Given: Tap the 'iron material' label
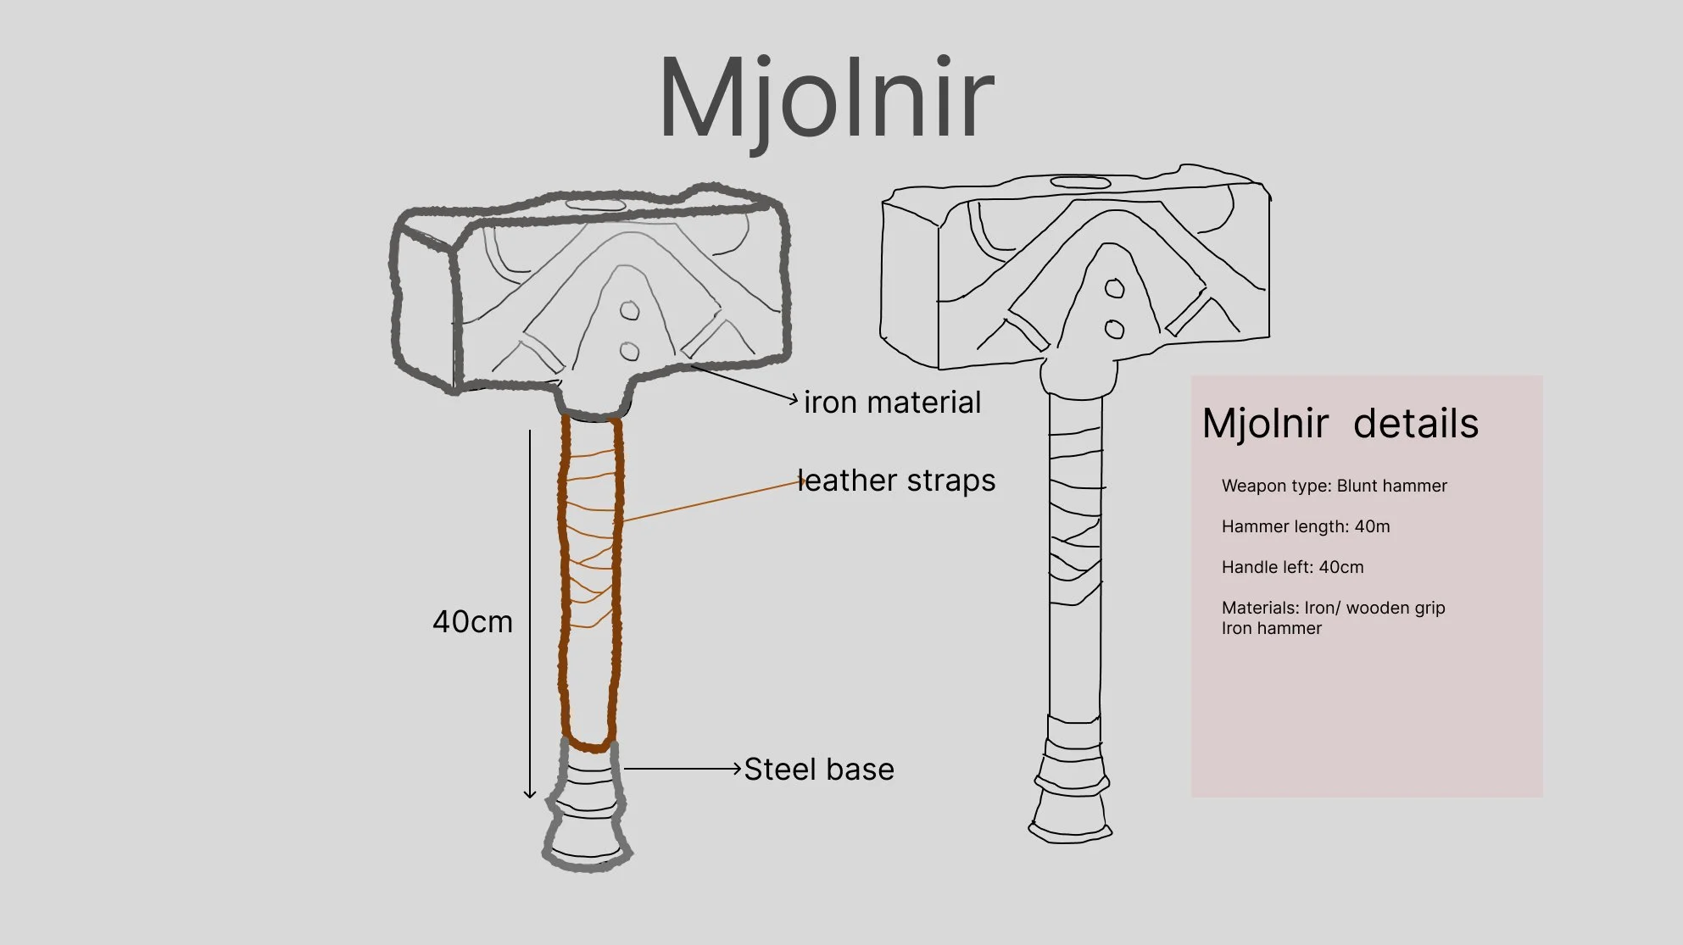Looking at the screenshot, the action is pyautogui.click(x=892, y=403).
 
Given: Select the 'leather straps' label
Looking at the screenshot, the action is pyautogui.click(x=896, y=481).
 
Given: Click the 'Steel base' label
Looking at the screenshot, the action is pyautogui.click(x=819, y=770).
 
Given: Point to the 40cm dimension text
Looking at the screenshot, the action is pyautogui.click(x=472, y=622).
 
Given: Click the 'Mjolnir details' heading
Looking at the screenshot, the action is pyautogui.click(x=1340, y=424).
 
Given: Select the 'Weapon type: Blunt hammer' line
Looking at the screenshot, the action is pyautogui.click(x=1334, y=486).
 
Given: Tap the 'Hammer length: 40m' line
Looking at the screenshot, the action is pyautogui.click(x=1306, y=526).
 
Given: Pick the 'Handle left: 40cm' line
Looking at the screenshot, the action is pyautogui.click(x=1292, y=567).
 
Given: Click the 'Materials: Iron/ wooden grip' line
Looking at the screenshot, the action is pyautogui.click(x=1333, y=608).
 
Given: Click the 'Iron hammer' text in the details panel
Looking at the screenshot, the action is pyautogui.click(x=1271, y=628).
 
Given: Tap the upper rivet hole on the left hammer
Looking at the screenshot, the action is pyautogui.click(x=629, y=311).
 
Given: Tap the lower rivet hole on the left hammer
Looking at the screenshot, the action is pyautogui.click(x=629, y=351).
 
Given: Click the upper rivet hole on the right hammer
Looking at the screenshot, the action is pyautogui.click(x=1115, y=289).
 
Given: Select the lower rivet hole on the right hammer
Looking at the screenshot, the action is pyautogui.click(x=1115, y=330).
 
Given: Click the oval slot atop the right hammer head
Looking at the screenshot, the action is pyautogui.click(x=1080, y=182).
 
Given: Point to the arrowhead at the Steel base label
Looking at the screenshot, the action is pyautogui.click(x=737, y=769).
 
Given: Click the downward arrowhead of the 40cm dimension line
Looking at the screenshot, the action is pyautogui.click(x=530, y=794).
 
